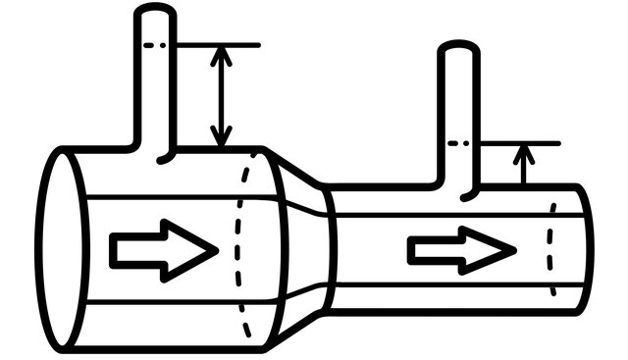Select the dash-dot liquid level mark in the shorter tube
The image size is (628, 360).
coord(458,143)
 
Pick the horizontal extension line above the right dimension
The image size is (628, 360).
coord(520,143)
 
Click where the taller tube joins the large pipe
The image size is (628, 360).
coord(154,149)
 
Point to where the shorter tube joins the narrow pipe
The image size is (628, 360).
coord(458,186)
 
